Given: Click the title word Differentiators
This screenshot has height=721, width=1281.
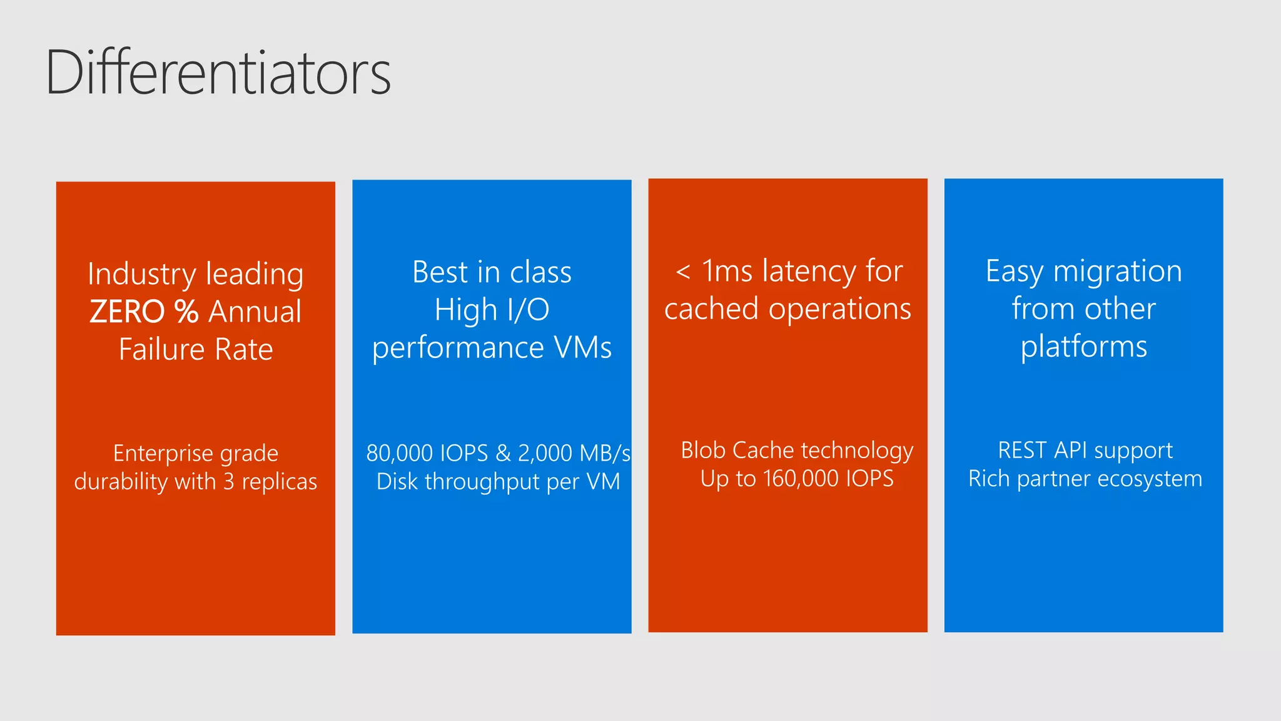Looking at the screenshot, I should pos(218,73).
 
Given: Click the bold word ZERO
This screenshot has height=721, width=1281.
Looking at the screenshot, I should pos(127,312).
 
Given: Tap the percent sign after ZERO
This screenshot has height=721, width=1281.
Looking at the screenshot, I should pos(186,312).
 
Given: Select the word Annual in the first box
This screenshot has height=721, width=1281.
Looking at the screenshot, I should pos(255,312).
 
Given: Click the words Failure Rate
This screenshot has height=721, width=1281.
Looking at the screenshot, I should pos(196,349).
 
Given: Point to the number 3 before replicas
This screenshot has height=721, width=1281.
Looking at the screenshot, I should pos(229,481).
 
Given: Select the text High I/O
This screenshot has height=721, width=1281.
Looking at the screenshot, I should pos(492,310).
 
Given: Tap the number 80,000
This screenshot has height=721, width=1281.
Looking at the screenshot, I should pos(400,453).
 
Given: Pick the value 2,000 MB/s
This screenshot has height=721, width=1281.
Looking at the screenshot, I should pos(574,453).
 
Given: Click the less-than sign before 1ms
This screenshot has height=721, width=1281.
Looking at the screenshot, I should pos(683,272).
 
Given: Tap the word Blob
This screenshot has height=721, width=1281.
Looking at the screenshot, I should pos(703,450).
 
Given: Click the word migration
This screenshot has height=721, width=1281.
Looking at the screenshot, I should pos(1117,272).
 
